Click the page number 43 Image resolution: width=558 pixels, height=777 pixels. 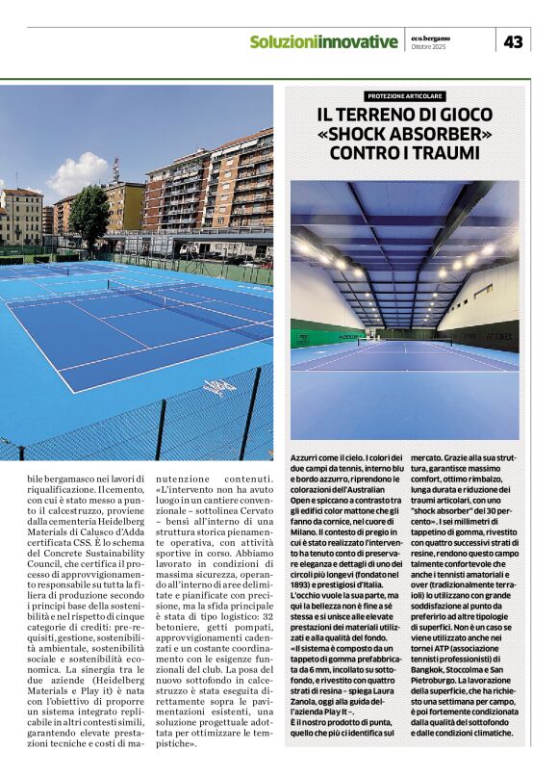(514, 41)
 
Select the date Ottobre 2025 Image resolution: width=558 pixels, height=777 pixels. (430, 47)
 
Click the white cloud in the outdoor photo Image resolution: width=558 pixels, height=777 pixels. (78, 176)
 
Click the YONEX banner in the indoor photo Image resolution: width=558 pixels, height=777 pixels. (499, 337)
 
